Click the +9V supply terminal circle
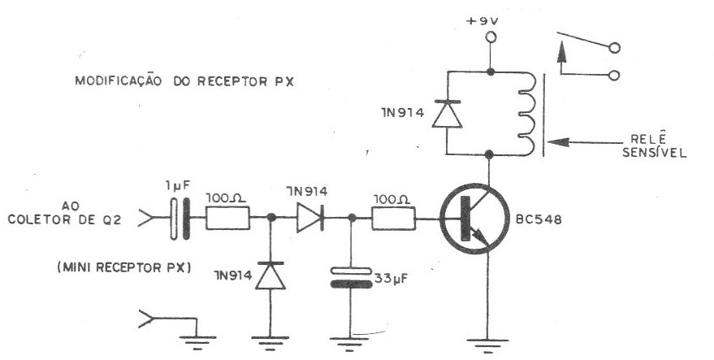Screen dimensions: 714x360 491,37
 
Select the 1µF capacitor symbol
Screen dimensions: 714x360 180,219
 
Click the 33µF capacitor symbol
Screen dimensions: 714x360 350,278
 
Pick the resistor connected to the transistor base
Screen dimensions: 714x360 393,218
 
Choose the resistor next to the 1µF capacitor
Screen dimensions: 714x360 227,218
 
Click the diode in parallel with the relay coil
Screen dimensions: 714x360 447,114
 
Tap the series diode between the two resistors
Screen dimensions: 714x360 310,218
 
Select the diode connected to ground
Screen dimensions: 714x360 270,275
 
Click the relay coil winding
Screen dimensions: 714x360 526,114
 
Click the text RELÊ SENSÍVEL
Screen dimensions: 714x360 655,145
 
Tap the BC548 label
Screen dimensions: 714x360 539,219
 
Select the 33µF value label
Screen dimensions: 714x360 390,278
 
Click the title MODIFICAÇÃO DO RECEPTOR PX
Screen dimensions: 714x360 184,80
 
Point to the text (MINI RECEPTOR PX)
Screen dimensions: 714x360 123,267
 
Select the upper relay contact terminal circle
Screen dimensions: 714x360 614,48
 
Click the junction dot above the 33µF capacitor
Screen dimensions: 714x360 351,218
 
